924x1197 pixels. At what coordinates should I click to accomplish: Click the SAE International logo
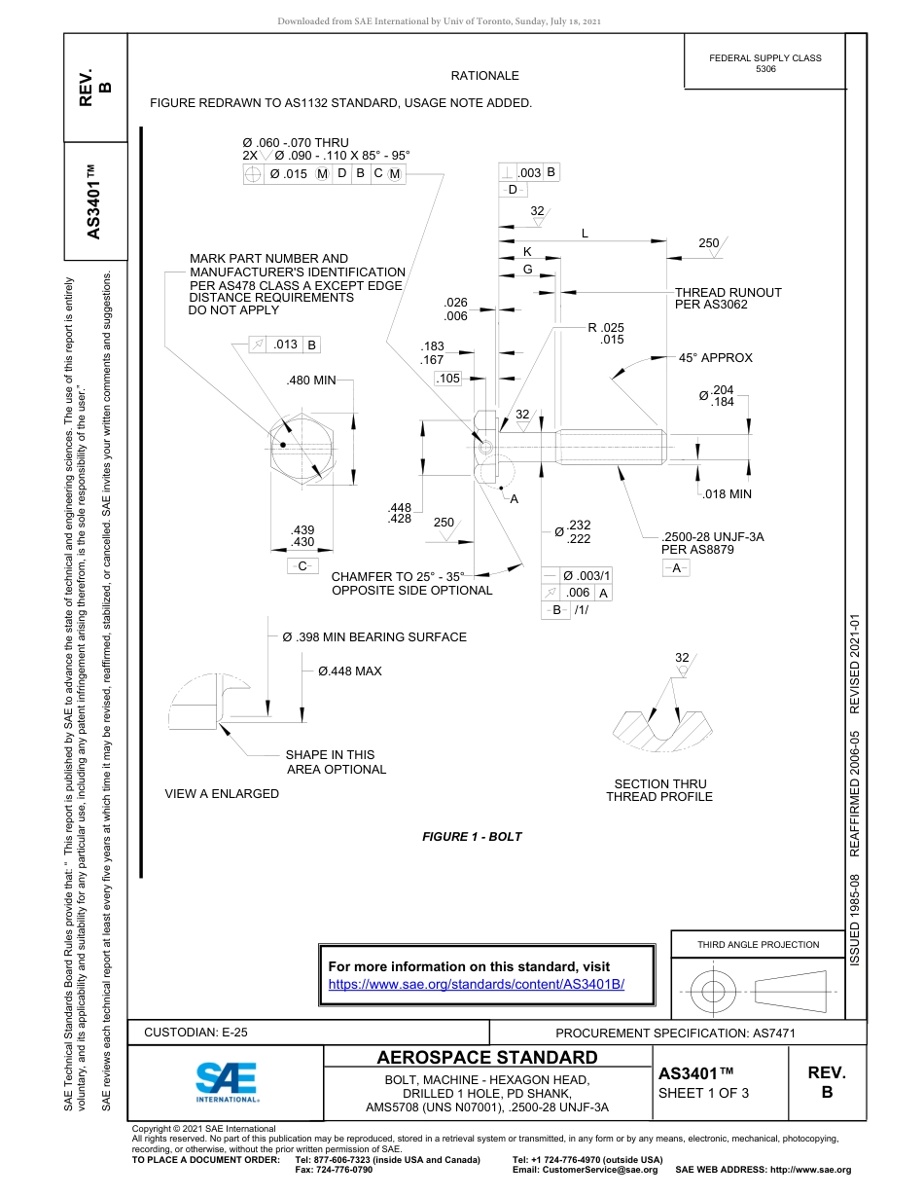[227, 1080]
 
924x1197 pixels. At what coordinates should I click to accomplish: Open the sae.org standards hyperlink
[477, 984]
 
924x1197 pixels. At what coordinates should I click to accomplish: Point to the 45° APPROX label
[715, 357]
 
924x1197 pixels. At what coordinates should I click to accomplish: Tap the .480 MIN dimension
[310, 381]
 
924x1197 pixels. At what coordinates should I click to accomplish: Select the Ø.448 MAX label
[349, 671]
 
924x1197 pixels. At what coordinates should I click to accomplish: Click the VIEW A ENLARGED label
[222, 793]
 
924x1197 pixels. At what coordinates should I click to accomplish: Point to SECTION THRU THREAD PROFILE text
[659, 790]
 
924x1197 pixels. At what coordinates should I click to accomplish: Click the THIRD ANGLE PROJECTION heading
[758, 944]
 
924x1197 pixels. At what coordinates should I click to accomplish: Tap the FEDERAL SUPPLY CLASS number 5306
[765, 70]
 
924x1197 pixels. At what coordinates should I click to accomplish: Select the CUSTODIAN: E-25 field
[195, 1033]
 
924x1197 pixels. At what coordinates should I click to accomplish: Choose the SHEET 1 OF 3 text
[703, 1093]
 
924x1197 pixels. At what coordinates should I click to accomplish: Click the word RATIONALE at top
[484, 75]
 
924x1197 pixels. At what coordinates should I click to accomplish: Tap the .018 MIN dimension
[728, 494]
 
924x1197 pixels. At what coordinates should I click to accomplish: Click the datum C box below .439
[302, 565]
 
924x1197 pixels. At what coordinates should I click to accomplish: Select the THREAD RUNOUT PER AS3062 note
[728, 298]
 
